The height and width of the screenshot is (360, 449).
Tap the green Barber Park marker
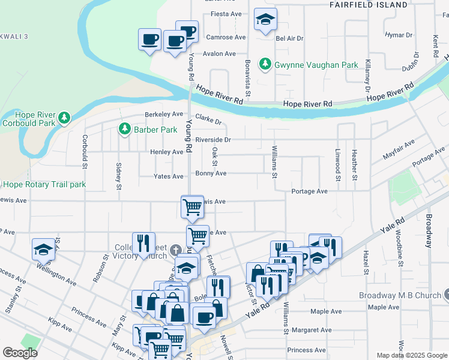point(125,129)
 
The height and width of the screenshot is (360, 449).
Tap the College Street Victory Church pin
point(175,250)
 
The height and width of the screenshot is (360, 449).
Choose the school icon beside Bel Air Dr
point(265,20)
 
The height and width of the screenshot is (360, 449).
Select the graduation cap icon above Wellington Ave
point(44,249)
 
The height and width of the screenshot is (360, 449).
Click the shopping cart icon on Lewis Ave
point(192,207)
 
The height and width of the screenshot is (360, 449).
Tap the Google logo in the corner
point(20,353)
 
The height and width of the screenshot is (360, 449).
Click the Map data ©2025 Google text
point(411,355)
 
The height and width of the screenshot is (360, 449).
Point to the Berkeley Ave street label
point(164,114)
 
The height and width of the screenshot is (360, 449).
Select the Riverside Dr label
point(212,139)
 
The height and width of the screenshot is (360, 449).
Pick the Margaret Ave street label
point(309,330)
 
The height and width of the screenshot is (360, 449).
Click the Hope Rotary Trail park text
point(43,184)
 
